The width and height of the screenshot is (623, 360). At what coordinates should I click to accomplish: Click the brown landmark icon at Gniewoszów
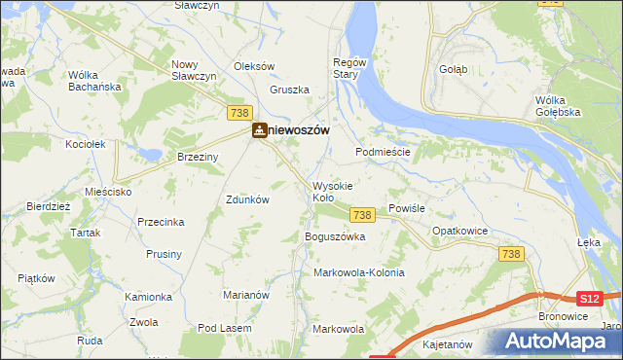click(260, 130)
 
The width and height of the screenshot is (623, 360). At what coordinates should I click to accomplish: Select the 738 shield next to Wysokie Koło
click(362, 214)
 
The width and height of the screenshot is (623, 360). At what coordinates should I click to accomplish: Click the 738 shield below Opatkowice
click(511, 253)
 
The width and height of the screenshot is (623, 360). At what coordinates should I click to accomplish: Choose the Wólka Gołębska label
click(558, 105)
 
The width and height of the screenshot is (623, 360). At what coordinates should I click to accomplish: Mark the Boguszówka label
click(335, 236)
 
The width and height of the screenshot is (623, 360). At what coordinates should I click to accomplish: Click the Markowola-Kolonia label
click(358, 272)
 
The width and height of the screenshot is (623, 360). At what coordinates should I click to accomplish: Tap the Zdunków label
click(247, 198)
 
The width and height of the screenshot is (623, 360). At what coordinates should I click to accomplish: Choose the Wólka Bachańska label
click(92, 81)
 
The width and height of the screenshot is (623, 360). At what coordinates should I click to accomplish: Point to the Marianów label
click(245, 295)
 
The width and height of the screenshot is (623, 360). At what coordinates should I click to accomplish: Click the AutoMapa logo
click(557, 342)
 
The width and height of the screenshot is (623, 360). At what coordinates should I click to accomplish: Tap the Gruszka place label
click(289, 90)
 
